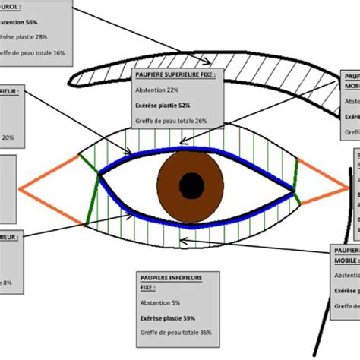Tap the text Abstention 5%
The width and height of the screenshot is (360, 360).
160,304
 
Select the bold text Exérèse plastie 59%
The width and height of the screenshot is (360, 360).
168,317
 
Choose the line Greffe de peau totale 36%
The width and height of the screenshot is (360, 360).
174,332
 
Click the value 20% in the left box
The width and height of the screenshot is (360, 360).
7,137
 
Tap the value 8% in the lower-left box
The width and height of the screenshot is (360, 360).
7,283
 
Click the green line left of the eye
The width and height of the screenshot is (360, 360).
93,199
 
